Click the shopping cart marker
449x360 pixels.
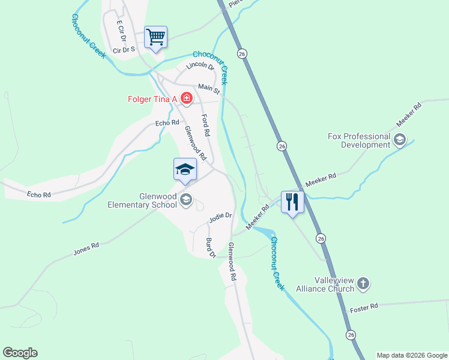(x=156, y=38)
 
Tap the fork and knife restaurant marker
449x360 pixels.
(x=292, y=202)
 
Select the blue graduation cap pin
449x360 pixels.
(x=185, y=170)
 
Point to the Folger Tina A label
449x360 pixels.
(x=153, y=98)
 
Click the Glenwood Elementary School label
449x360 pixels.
(x=142, y=200)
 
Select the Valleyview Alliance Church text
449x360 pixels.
(x=325, y=284)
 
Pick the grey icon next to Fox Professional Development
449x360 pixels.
(x=399, y=140)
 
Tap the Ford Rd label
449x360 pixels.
(x=205, y=124)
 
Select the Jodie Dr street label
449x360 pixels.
(x=220, y=218)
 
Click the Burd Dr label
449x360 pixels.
(x=211, y=248)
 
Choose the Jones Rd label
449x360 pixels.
(x=86, y=248)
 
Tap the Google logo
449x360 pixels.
(x=20, y=353)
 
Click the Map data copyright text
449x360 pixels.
(x=412, y=355)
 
